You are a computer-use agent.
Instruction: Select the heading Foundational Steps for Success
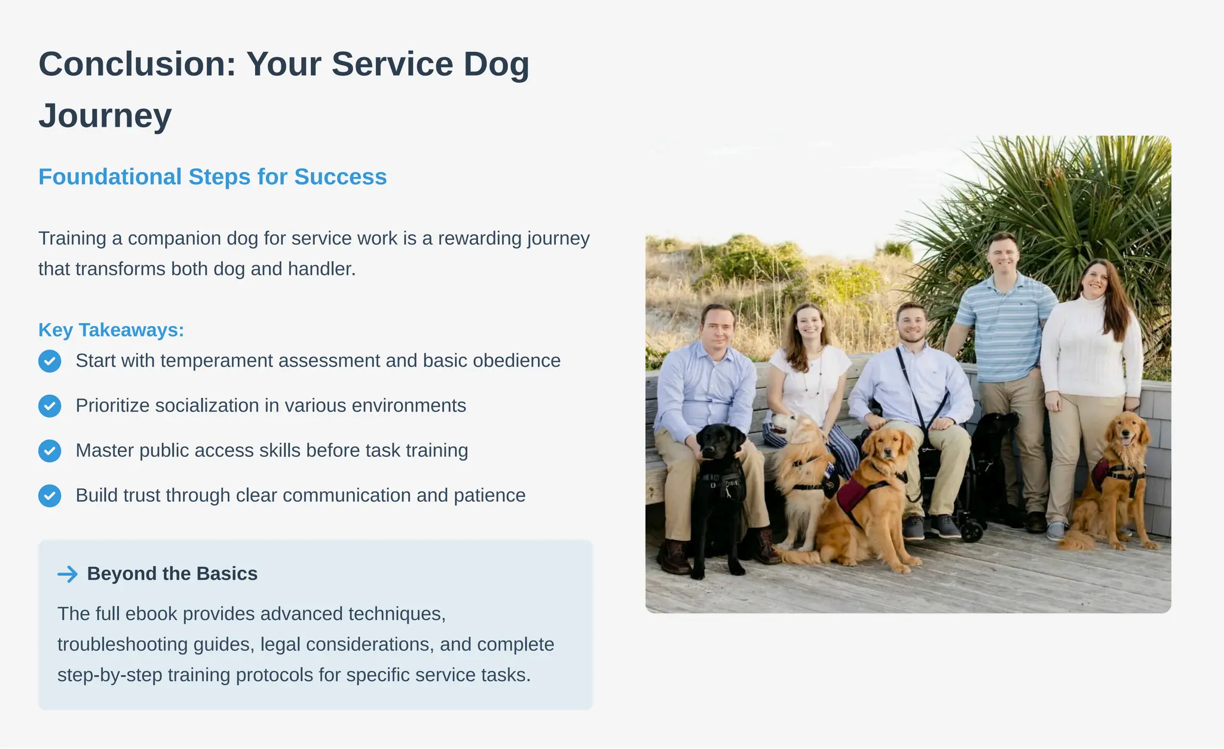point(212,177)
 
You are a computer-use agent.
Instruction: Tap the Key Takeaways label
point(111,330)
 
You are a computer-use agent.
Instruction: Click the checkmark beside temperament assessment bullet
point(50,361)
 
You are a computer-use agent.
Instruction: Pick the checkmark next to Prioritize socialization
point(50,406)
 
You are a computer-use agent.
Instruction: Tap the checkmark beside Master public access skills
point(50,450)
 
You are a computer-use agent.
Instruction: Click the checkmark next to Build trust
point(50,495)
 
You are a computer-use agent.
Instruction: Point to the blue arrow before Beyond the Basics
point(68,574)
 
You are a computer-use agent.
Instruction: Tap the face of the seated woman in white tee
point(810,326)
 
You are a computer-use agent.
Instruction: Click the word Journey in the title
point(105,115)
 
